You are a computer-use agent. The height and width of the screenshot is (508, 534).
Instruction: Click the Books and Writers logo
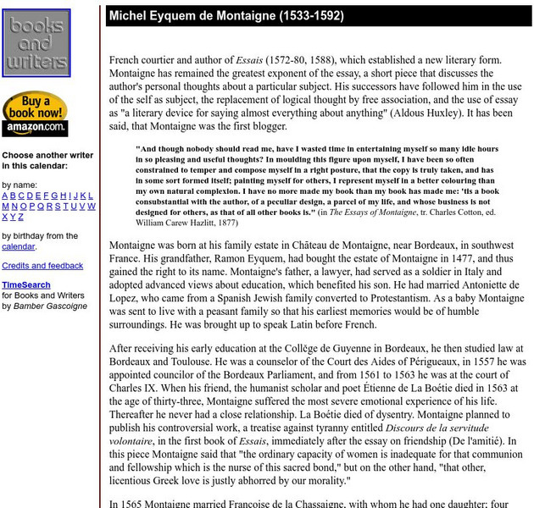(x=36, y=42)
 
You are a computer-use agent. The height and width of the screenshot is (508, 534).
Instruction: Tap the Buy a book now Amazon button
(x=35, y=113)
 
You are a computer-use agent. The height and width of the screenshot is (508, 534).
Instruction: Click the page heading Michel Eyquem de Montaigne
(x=226, y=16)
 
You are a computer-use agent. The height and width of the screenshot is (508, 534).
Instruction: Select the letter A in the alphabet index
(x=5, y=196)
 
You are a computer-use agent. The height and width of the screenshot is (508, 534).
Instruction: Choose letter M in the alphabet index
(x=6, y=207)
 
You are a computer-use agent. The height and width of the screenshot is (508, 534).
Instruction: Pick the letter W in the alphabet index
(x=92, y=207)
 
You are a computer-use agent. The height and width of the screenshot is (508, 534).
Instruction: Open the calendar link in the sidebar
(x=18, y=246)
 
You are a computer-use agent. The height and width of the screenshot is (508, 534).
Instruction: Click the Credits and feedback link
(x=42, y=266)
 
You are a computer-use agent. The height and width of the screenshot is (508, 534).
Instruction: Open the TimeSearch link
(x=26, y=285)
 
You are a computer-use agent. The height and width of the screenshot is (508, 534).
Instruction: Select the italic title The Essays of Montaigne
(x=370, y=212)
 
